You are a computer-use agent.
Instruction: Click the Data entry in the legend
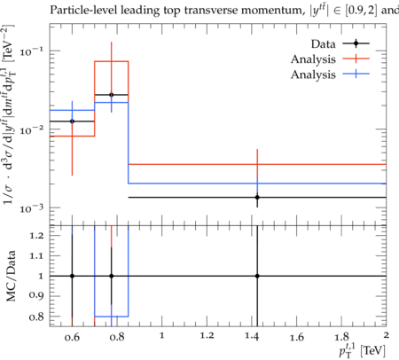point(340,43)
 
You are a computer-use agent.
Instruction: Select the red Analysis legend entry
point(330,59)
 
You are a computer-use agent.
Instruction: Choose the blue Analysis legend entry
point(330,74)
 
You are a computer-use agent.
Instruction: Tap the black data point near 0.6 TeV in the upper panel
point(72,121)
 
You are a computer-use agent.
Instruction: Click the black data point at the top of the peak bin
point(112,95)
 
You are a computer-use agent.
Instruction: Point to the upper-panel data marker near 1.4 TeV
point(257,197)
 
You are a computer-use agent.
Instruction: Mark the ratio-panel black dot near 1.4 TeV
point(257,276)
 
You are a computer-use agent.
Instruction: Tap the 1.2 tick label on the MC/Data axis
point(36,236)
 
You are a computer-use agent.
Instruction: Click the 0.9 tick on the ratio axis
point(36,295)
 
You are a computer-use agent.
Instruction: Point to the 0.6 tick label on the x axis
point(72,337)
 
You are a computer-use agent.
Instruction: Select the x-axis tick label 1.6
point(297,337)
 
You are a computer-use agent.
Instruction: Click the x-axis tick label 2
point(386,335)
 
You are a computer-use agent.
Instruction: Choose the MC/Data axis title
point(11,276)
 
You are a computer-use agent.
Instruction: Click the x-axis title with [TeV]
point(363,350)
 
